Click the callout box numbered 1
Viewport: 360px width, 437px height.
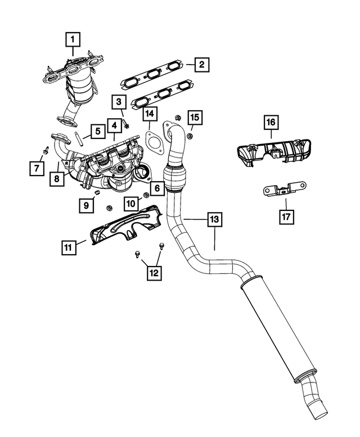point(73,39)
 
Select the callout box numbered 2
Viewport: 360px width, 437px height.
point(201,65)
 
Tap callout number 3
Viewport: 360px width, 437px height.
point(118,102)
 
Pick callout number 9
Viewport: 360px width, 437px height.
point(86,205)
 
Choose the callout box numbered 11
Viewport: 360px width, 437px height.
point(69,246)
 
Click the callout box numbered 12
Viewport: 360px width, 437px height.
point(153,273)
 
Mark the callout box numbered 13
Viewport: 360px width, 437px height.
point(213,220)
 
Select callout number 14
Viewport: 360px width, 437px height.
point(149,115)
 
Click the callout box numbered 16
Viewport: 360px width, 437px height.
point(271,121)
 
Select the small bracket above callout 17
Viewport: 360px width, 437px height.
point(284,189)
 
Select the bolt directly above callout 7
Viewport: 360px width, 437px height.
point(46,151)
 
